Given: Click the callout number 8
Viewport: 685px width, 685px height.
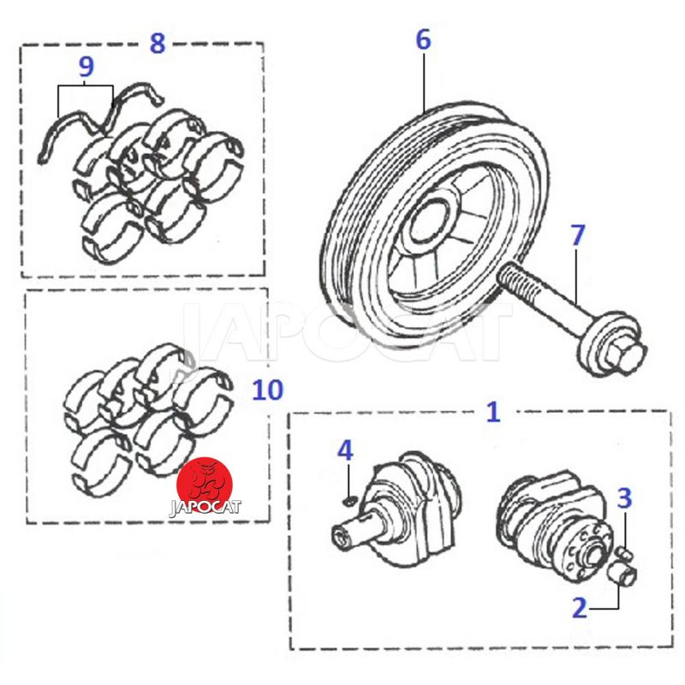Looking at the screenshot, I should [157, 42].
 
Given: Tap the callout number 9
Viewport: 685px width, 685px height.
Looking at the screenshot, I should [86, 67].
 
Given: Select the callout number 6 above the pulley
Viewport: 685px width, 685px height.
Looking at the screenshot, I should [423, 39].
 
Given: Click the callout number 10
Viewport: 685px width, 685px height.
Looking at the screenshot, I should [267, 390].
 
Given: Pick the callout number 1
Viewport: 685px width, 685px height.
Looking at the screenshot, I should [492, 412].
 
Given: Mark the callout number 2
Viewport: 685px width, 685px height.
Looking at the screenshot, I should [580, 608].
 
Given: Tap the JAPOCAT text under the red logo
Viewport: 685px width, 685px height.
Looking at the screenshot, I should [205, 506].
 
